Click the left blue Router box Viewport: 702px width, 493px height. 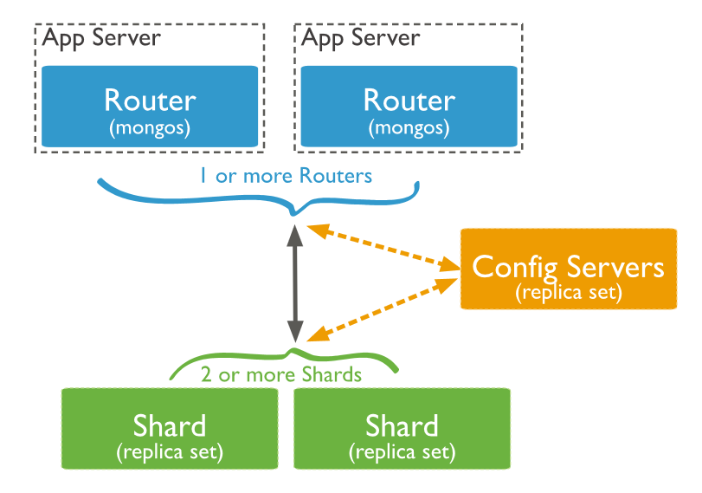[150, 106]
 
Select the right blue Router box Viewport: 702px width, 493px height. [409, 106]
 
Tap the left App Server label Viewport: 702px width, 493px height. [101, 38]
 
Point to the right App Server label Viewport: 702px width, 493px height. [361, 38]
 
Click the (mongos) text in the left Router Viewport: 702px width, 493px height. [150, 128]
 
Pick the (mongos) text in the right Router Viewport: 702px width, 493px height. [409, 128]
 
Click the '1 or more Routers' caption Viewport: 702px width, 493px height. [285, 176]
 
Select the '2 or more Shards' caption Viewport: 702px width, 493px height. [281, 375]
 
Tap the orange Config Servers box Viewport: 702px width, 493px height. [568, 269]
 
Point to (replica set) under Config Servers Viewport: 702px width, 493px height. [568, 293]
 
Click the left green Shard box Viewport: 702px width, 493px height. [170, 428]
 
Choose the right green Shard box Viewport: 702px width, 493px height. [402, 428]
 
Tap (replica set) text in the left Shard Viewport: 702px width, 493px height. [170, 451]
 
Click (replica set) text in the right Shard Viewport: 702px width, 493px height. [402, 451]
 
